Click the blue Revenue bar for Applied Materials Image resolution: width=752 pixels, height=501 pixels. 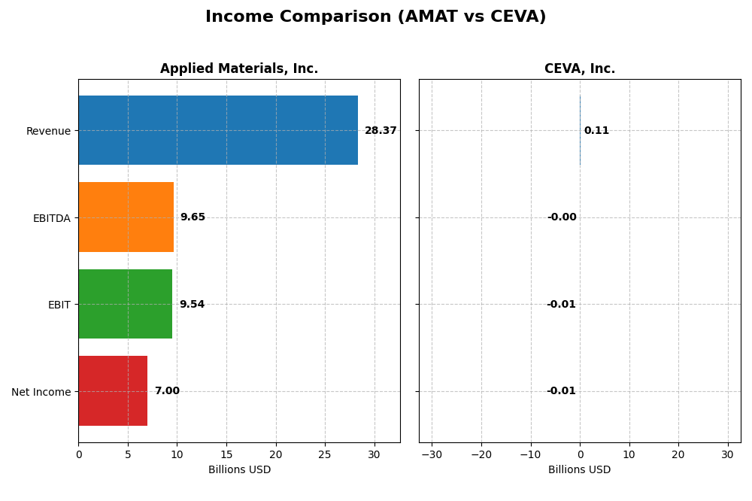(x=218, y=130)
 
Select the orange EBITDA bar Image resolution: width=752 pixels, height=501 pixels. (x=126, y=217)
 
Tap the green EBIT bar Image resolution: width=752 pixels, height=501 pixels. (x=126, y=304)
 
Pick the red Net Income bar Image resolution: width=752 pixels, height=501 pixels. (x=113, y=391)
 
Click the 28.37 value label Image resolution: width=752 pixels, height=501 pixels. (x=381, y=131)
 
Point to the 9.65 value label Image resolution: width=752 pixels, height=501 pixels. (x=193, y=217)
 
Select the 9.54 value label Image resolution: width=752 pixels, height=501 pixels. (x=192, y=305)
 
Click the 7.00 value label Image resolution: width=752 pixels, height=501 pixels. (x=167, y=391)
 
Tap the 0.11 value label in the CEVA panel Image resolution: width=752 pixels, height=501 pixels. (x=596, y=131)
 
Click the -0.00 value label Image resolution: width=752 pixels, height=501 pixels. (x=562, y=217)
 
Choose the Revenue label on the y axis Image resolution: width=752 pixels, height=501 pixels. (x=48, y=131)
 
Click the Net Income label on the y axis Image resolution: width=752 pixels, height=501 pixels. (x=41, y=392)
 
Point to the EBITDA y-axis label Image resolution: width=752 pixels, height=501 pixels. (x=51, y=218)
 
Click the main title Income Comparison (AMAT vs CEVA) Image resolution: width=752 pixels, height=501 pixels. (x=376, y=17)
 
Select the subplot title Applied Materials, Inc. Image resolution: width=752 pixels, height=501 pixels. (x=239, y=69)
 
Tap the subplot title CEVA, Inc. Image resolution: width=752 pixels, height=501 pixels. (x=580, y=69)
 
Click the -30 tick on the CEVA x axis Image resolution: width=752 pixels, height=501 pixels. (x=432, y=454)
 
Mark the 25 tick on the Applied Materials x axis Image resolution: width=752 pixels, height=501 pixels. (x=325, y=454)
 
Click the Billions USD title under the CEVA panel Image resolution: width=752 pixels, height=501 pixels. (x=580, y=470)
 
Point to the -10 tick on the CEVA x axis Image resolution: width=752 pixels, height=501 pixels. (x=530, y=454)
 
